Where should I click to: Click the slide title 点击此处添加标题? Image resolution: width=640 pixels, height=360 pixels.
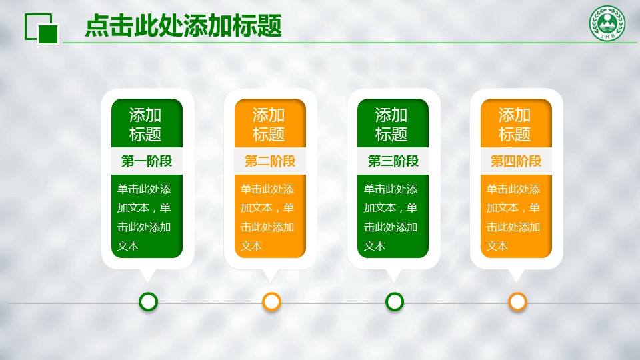point(183,26)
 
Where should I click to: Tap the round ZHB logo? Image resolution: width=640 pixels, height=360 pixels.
point(607,23)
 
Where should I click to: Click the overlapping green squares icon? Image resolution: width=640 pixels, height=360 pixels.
point(41,29)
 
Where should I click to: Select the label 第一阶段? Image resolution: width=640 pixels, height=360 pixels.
point(147,161)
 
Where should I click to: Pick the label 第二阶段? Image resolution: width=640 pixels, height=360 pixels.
point(270,161)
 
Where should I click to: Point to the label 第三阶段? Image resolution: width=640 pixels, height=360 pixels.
point(393,161)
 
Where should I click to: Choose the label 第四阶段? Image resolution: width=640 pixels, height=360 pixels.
point(516,161)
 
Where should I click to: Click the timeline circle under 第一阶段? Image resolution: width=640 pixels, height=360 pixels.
point(148,301)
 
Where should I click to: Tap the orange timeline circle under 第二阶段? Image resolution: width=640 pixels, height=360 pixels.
point(271,301)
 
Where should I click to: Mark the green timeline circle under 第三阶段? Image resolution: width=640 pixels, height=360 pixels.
point(394,301)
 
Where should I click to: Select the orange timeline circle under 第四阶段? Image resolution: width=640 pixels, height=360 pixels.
point(517,301)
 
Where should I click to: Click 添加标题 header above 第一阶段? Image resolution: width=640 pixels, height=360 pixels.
point(145,125)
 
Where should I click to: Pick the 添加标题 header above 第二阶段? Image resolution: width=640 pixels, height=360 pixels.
point(269,125)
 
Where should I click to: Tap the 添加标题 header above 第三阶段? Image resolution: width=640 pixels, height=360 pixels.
point(391,125)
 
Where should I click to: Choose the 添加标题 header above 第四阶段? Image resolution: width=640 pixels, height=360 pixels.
point(515,125)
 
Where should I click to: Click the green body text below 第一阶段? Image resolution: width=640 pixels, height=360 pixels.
point(144,217)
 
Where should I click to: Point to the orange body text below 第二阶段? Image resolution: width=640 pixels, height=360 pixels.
point(267,217)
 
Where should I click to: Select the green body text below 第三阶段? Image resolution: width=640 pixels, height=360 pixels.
point(391,217)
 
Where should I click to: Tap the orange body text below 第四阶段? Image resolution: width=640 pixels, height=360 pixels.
point(513,217)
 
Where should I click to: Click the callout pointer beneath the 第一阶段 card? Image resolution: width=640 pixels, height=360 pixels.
point(147,275)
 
